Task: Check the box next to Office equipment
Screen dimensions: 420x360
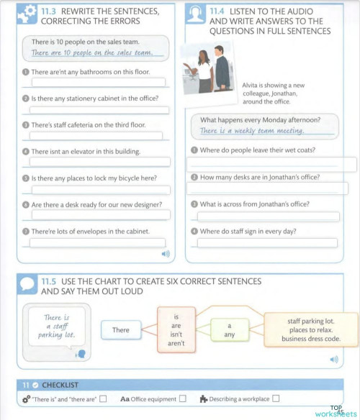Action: pyautogui.click(x=182, y=398)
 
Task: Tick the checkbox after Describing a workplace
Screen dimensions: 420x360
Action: pyautogui.click(x=276, y=398)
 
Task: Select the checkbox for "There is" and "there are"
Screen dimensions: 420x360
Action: pyautogui.click(x=103, y=398)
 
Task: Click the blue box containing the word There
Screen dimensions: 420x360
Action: pyautogui.click(x=121, y=330)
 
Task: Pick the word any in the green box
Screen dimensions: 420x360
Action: pyautogui.click(x=229, y=334)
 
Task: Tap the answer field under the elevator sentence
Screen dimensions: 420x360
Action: pyautogui.click(x=99, y=163)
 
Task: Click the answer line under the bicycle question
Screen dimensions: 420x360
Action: pyautogui.click(x=99, y=189)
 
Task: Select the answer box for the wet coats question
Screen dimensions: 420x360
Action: pyautogui.click(x=272, y=165)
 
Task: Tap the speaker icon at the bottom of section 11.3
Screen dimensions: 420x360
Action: pyautogui.click(x=165, y=254)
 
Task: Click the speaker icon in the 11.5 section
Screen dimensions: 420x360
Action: pyautogui.click(x=333, y=359)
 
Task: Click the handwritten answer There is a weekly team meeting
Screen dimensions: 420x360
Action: pyautogui.click(x=251, y=131)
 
